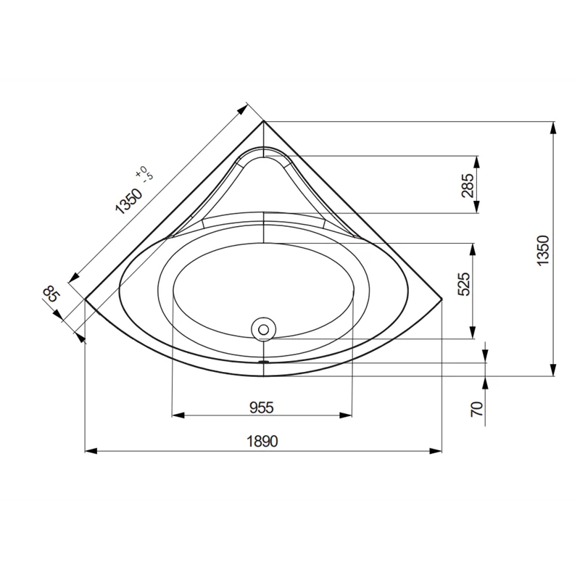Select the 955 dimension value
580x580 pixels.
click(x=261, y=407)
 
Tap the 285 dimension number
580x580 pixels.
click(x=468, y=186)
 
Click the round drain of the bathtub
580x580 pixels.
click(x=263, y=329)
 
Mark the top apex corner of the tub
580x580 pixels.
click(x=263, y=121)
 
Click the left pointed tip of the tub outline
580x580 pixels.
click(x=86, y=298)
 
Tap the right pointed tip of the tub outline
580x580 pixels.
click(x=442, y=298)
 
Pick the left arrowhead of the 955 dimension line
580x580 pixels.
click(x=175, y=415)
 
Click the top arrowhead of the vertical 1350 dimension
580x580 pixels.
click(x=553, y=125)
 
